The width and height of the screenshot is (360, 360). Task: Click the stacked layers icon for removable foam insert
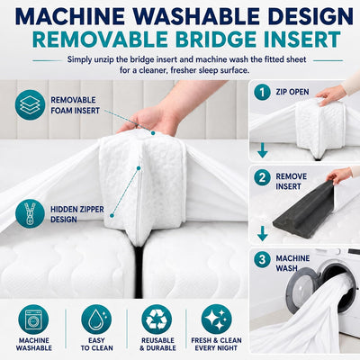click(30, 105)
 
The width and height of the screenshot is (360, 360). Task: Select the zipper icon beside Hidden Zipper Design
click(30, 214)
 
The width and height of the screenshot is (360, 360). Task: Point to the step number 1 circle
click(263, 92)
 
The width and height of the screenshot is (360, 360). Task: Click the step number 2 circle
click(263, 177)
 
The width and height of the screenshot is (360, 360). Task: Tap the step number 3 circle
click(263, 259)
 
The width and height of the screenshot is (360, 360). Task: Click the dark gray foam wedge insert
click(303, 210)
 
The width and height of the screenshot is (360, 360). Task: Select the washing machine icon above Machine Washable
click(33, 319)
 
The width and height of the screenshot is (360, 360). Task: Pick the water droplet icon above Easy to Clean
click(96, 319)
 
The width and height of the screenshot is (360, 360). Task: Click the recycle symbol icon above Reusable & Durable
click(157, 319)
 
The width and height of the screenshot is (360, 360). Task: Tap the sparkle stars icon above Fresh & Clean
click(216, 319)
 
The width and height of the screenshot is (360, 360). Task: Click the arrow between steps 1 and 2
click(263, 151)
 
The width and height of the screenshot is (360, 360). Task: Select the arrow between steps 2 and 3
click(263, 234)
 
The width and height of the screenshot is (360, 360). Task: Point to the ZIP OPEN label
click(292, 92)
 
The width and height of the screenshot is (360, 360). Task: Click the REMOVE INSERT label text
click(292, 181)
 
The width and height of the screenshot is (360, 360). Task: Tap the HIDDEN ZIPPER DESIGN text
click(76, 214)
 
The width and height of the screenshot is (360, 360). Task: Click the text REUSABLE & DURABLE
click(157, 344)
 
